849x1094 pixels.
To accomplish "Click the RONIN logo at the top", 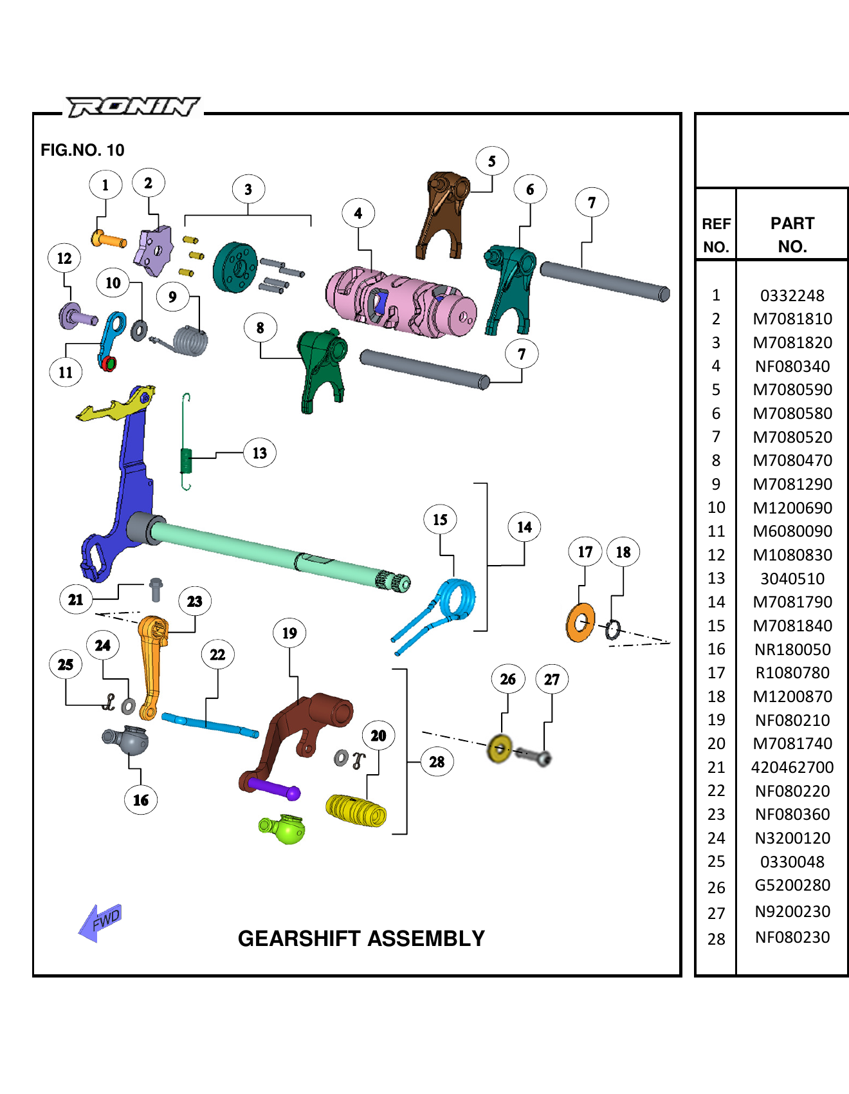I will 133,106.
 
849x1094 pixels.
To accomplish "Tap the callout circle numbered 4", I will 358,214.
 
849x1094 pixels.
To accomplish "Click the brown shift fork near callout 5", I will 443,212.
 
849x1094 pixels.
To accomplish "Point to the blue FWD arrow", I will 100,923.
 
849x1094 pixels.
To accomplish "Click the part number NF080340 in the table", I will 792,366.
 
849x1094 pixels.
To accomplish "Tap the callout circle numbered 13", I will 260,453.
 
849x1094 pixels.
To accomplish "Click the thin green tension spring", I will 186,450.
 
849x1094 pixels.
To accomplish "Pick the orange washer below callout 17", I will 580,622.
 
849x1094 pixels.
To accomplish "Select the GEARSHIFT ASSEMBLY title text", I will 361,938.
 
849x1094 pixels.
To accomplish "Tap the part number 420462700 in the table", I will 792,767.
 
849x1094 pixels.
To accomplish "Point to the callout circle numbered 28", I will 437,762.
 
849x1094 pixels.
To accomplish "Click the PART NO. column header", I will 792,235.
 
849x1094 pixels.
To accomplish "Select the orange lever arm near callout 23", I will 152,663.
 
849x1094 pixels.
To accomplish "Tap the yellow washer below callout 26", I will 499,748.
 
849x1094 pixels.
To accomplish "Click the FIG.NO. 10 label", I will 82,150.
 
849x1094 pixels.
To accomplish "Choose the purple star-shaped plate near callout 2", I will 153,250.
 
